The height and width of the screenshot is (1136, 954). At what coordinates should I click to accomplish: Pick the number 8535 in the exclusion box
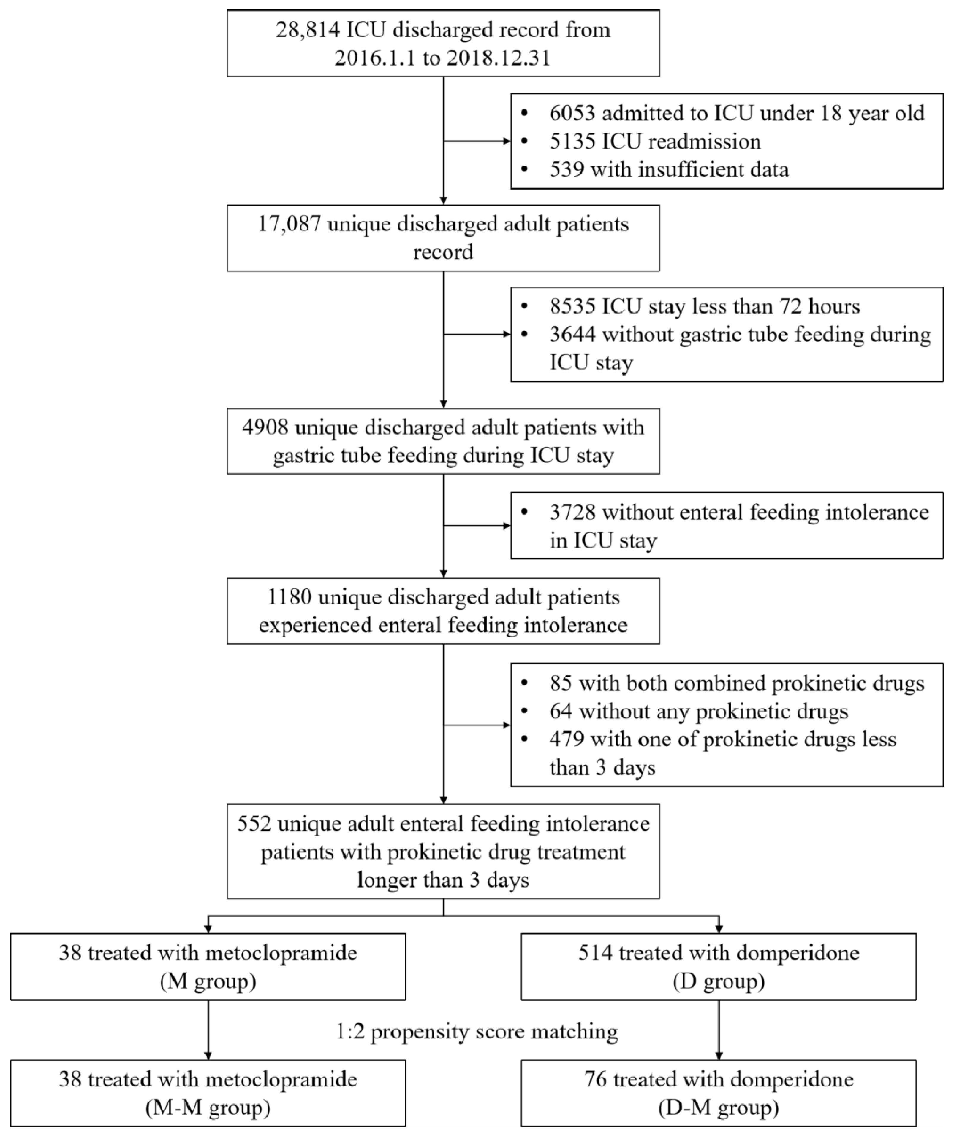pos(572,307)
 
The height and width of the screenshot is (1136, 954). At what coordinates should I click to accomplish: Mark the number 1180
pos(289,597)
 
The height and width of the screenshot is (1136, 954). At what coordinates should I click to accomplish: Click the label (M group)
pos(208,981)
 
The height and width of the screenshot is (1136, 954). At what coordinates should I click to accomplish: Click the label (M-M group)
pos(208,1107)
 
